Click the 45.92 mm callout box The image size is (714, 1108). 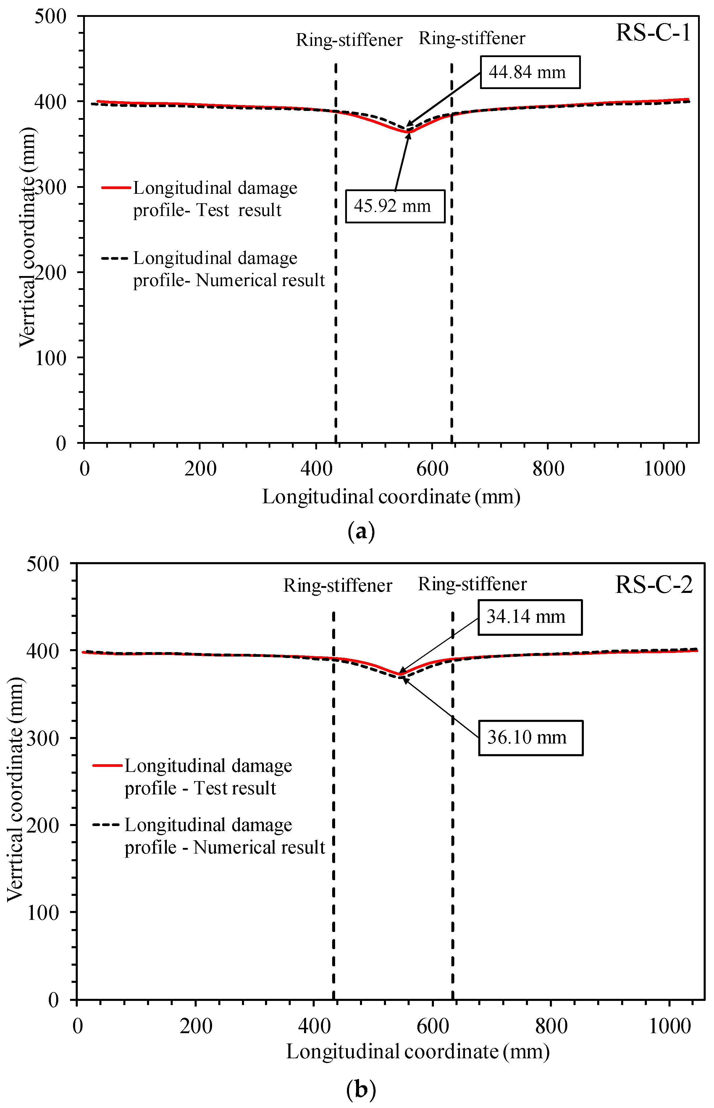395,206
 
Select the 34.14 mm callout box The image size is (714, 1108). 530,617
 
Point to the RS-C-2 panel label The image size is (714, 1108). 654,585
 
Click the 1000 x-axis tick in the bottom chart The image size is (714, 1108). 670,1026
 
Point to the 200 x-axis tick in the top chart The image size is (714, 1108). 200,469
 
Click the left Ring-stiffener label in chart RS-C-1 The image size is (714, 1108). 349,40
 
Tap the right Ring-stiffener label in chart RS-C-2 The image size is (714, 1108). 472,584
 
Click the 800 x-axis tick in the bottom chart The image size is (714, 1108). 551,1026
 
